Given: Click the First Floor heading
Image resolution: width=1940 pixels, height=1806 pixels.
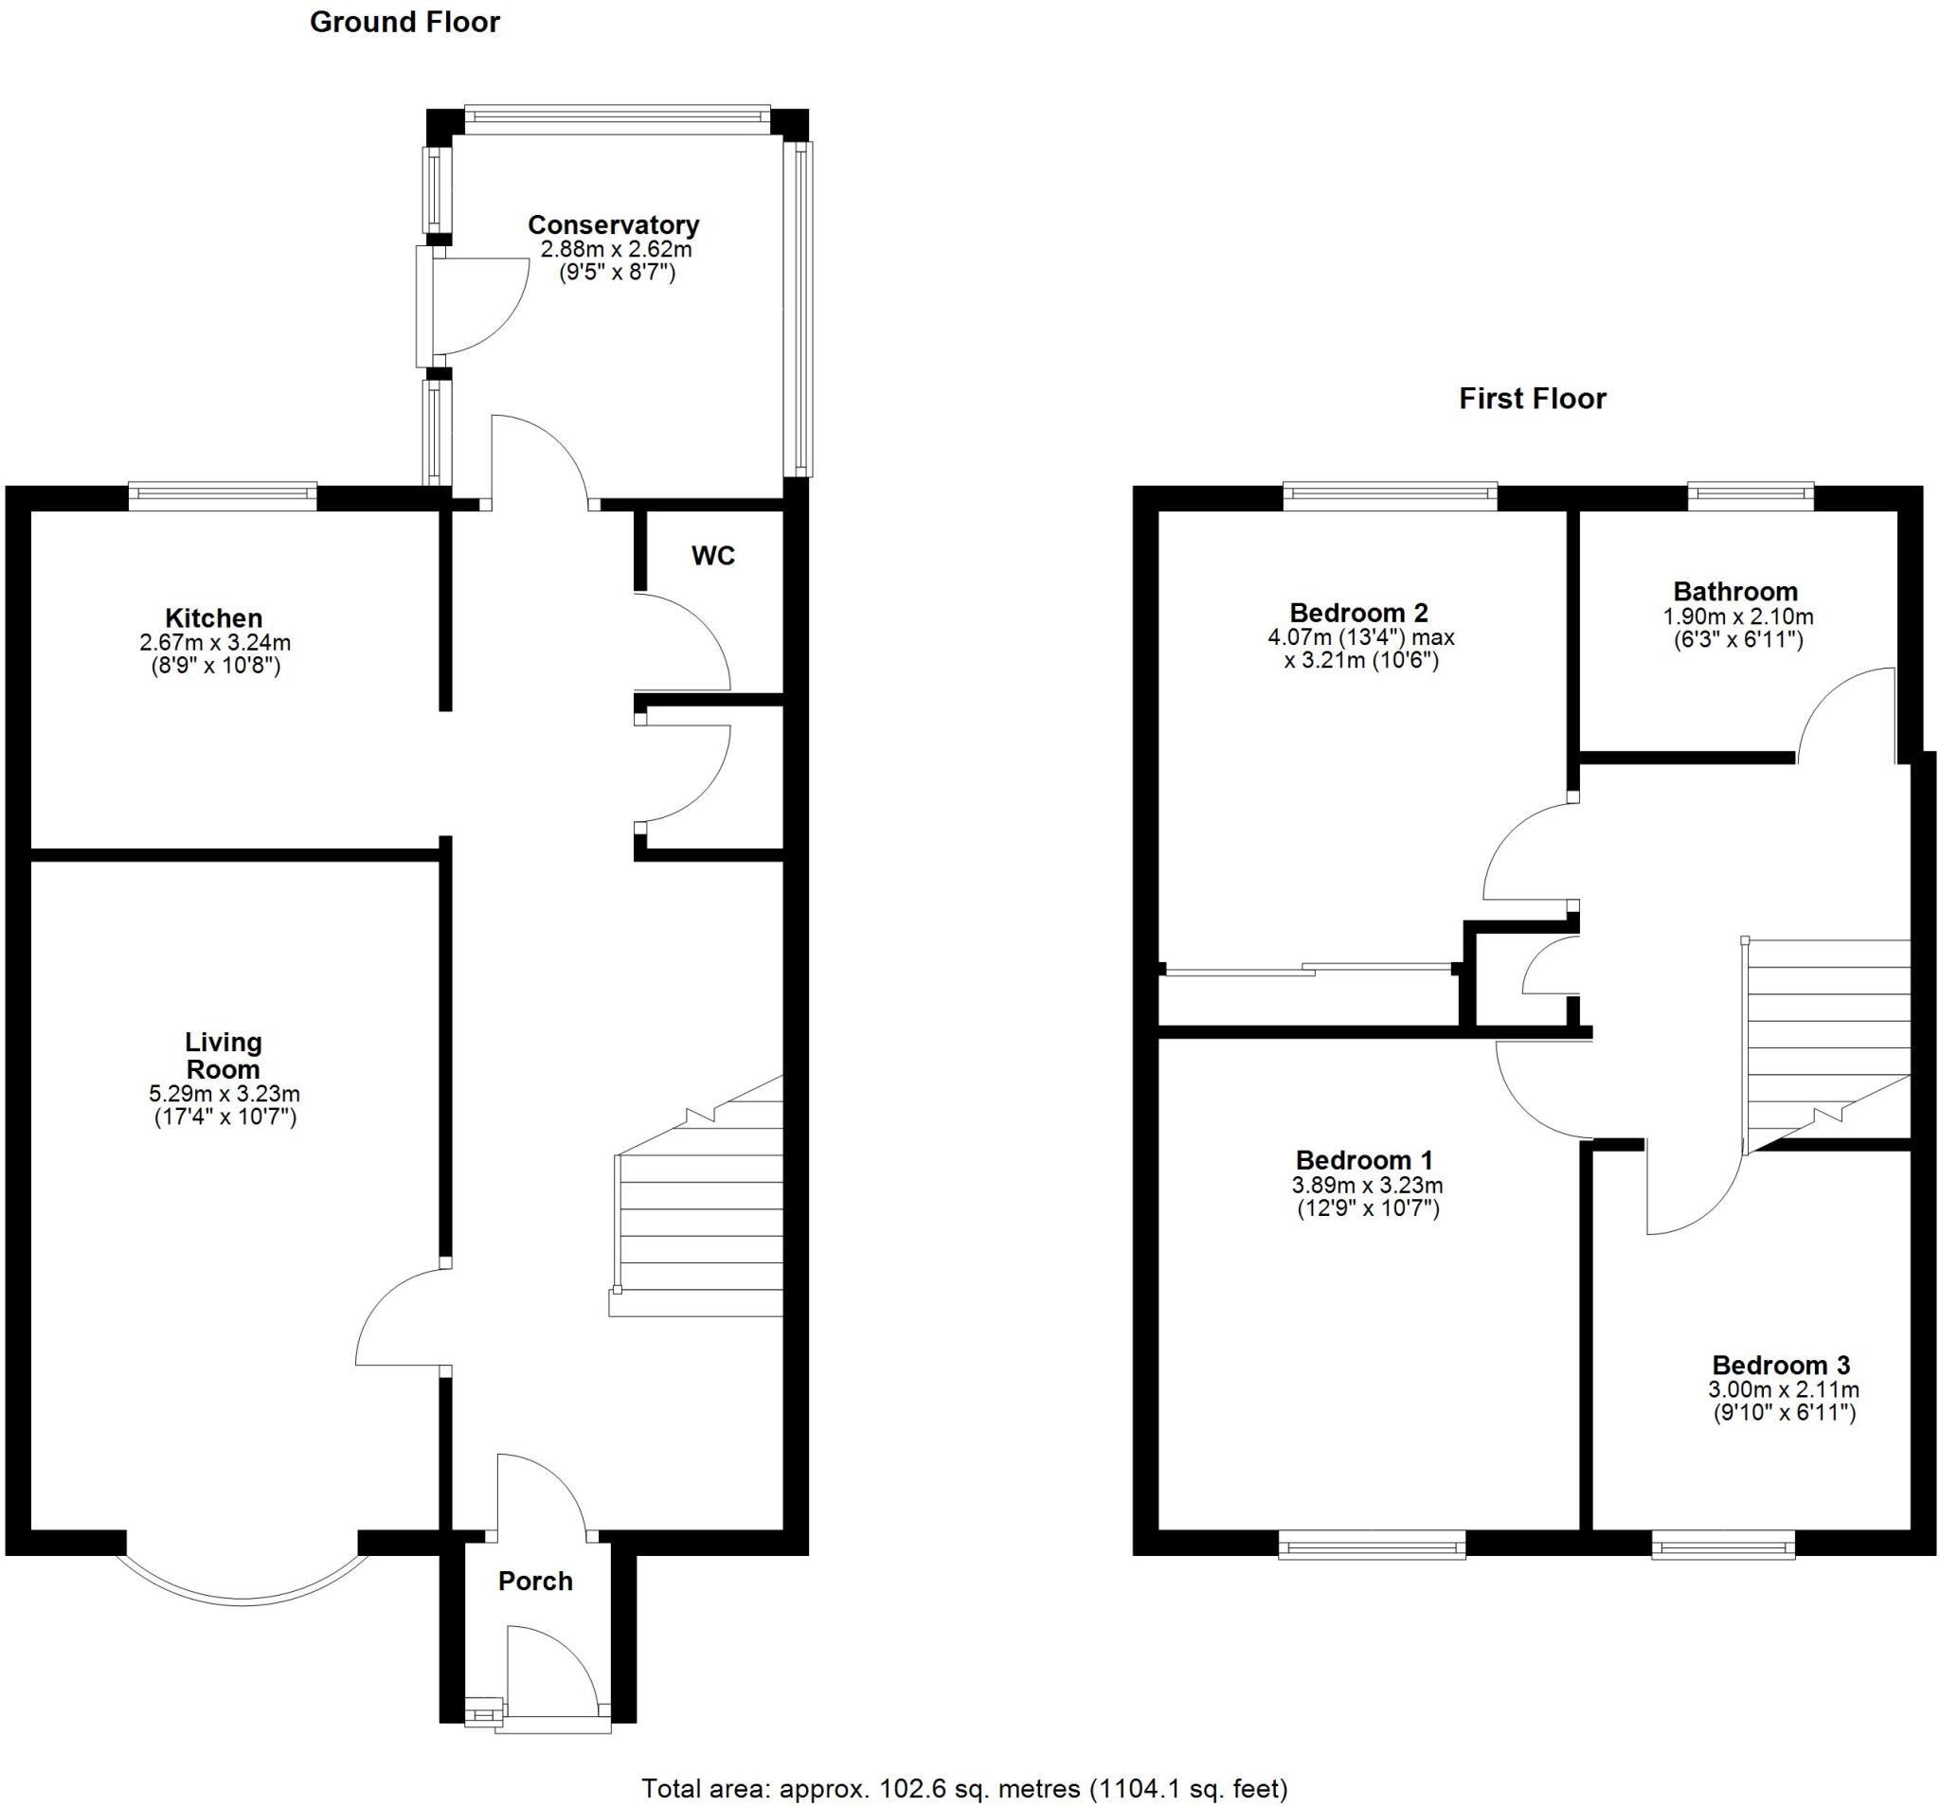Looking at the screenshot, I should click(1531, 399).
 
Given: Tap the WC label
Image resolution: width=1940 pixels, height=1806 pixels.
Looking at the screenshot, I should click(712, 556).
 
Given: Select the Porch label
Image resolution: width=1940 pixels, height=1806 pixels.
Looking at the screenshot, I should click(535, 1582).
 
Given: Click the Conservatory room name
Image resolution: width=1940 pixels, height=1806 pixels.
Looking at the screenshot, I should click(613, 225).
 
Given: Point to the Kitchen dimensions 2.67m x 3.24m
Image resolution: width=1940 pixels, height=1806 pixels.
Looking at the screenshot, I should click(215, 643).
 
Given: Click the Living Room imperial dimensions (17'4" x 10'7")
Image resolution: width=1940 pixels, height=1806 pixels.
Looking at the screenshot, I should click(225, 1118).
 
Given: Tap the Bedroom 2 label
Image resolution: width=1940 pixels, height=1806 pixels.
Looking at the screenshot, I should click(1358, 613).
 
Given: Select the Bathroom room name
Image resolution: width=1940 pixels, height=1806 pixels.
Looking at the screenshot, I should click(1734, 591).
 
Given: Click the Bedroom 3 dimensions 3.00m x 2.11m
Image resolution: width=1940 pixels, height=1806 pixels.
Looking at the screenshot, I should click(1783, 1390).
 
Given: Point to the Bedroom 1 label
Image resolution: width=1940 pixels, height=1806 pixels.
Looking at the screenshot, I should click(1363, 1161).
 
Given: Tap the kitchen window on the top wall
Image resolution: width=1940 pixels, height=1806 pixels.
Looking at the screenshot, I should click(223, 494).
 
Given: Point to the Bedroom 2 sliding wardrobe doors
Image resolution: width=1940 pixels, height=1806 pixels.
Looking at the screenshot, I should click(1307, 970).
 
